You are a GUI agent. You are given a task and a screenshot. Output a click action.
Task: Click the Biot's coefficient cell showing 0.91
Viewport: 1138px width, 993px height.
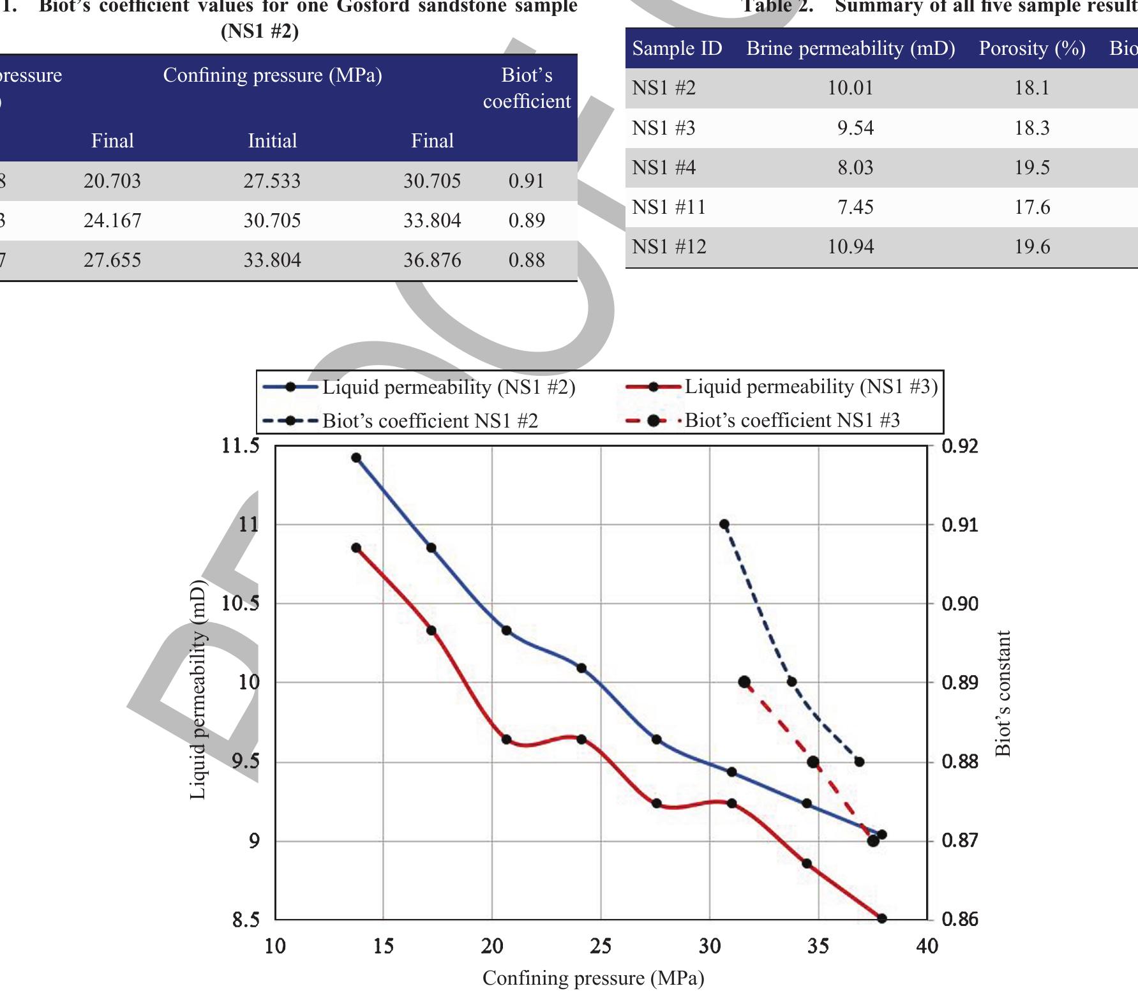point(527,181)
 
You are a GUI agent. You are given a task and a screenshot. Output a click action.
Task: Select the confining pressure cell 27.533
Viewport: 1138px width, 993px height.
point(272,181)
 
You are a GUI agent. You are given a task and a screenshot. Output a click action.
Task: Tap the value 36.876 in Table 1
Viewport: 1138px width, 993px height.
point(432,260)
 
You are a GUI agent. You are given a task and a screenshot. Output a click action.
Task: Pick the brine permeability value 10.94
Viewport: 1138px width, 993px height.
point(851,247)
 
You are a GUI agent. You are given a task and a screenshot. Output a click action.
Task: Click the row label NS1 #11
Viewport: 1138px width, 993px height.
point(669,207)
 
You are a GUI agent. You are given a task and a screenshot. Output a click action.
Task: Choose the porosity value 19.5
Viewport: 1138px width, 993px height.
point(1032,168)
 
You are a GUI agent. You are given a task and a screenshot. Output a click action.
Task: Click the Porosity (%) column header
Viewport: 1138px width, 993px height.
point(1032,49)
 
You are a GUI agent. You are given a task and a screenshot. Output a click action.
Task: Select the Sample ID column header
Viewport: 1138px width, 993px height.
point(677,49)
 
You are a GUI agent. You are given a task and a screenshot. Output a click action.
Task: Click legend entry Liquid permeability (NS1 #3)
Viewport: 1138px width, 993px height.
point(811,387)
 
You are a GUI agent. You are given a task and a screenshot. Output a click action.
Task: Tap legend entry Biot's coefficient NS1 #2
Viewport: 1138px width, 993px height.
point(430,421)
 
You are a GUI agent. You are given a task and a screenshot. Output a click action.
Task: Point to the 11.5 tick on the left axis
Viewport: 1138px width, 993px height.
point(241,445)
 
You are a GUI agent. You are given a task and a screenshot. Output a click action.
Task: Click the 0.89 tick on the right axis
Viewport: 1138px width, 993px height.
point(959,683)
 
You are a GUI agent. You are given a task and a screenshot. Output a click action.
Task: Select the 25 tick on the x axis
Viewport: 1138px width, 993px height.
point(601,946)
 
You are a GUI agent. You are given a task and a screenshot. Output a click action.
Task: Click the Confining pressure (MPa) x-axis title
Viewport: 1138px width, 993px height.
point(593,978)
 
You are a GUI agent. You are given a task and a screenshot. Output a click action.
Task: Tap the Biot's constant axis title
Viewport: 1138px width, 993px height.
point(1003,694)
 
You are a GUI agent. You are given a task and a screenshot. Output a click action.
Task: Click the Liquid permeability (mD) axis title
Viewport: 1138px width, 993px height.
point(198,689)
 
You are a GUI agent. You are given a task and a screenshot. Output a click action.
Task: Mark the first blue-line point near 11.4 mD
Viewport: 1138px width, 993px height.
point(356,458)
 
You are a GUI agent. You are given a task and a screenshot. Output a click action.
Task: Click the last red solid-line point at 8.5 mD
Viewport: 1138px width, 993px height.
point(882,918)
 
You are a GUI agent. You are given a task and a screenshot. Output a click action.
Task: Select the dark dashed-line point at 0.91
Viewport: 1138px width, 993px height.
point(724,525)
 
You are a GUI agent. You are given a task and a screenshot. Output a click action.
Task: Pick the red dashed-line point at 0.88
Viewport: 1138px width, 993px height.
point(813,762)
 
